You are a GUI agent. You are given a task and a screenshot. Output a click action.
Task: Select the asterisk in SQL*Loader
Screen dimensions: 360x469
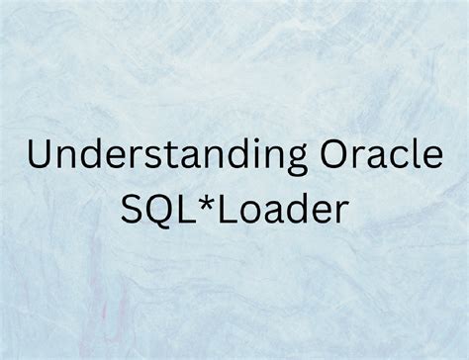214,205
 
